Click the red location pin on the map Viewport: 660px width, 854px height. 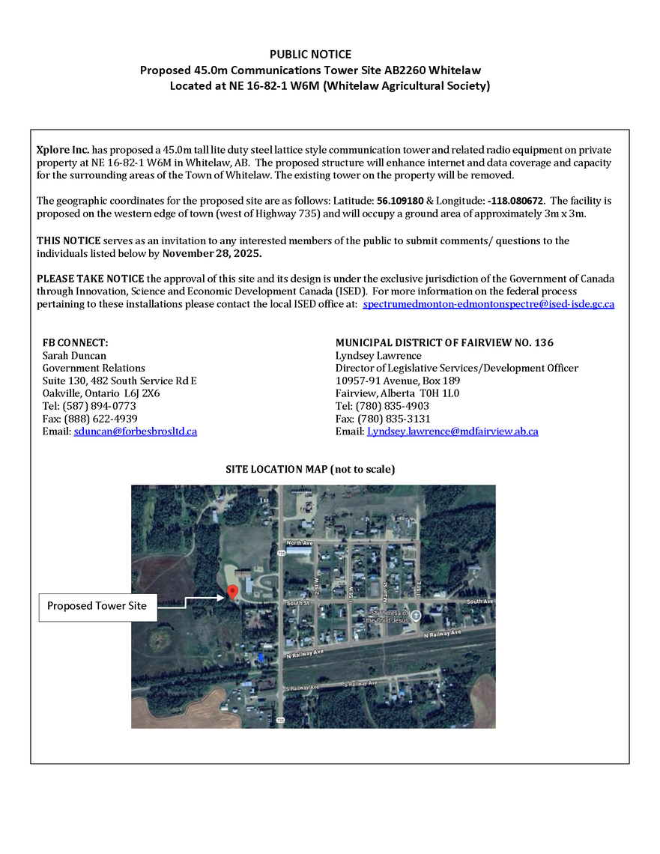click(x=232, y=593)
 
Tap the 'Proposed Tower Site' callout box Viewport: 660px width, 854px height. click(x=98, y=605)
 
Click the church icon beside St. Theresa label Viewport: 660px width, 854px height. click(x=417, y=615)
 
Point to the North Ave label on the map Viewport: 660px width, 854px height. click(x=297, y=542)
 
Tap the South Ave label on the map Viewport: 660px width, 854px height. click(x=479, y=602)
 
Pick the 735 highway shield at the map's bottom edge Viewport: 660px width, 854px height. click(x=280, y=720)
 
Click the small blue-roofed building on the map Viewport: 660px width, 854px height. click(x=260, y=657)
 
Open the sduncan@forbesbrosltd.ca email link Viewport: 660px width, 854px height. click(x=135, y=431)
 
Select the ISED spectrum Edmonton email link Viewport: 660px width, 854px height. click(x=488, y=304)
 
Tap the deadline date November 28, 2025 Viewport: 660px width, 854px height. click(x=212, y=252)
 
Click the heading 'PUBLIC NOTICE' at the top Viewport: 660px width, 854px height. click(x=310, y=54)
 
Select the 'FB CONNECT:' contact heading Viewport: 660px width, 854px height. click(x=76, y=342)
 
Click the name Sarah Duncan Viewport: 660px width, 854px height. click(x=74, y=355)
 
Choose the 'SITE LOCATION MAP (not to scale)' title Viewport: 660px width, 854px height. click(x=310, y=469)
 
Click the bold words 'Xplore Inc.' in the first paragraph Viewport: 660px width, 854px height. click(x=63, y=150)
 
